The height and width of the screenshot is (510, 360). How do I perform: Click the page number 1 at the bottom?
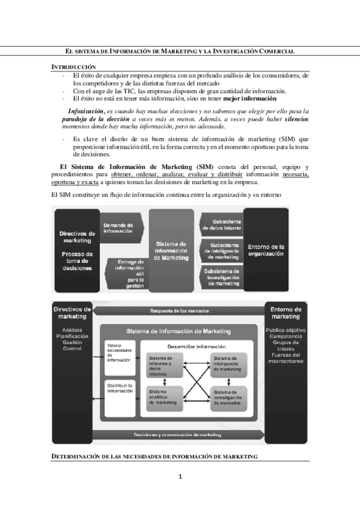click(x=180, y=477)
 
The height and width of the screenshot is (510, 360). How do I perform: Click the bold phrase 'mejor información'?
click(x=249, y=98)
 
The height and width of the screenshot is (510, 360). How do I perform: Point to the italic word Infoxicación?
click(x=86, y=111)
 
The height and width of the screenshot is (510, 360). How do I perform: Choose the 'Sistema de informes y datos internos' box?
click(x=162, y=364)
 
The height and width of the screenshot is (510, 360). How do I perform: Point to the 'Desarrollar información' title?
click(x=197, y=346)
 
